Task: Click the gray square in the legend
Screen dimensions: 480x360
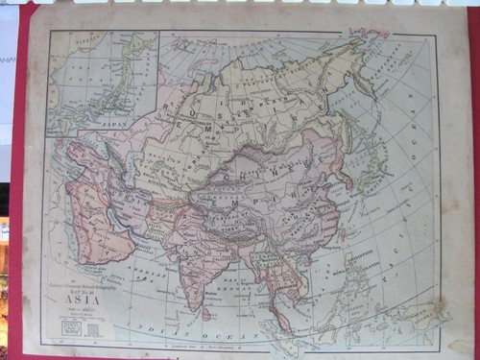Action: tap(92, 328)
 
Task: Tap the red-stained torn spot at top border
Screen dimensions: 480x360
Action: tap(370, 33)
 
